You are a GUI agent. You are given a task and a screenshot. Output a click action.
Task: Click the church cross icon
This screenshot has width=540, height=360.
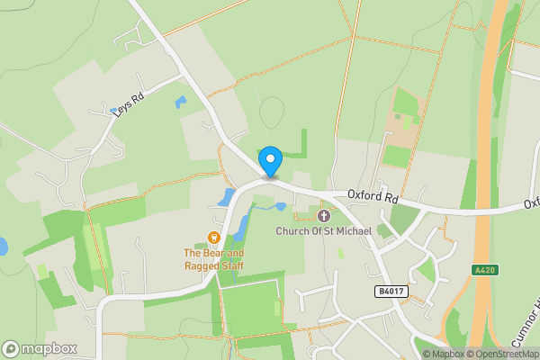pos(324,216)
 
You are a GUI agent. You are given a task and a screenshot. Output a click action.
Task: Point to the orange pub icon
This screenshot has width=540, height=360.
pos(214,238)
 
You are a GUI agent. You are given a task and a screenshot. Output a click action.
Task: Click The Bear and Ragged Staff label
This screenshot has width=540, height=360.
pos(214,259)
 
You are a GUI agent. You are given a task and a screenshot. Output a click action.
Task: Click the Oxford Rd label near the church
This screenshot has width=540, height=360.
pos(373,195)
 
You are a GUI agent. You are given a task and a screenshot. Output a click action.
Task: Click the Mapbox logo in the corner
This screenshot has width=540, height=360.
pos(40,348)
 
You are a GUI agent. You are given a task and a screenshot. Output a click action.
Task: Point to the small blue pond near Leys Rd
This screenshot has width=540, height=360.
pos(181,102)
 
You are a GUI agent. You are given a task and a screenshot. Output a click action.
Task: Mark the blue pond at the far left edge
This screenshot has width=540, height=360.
pos(3,246)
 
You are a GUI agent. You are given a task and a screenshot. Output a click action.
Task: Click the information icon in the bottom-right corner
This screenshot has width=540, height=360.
pos(427,354)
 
